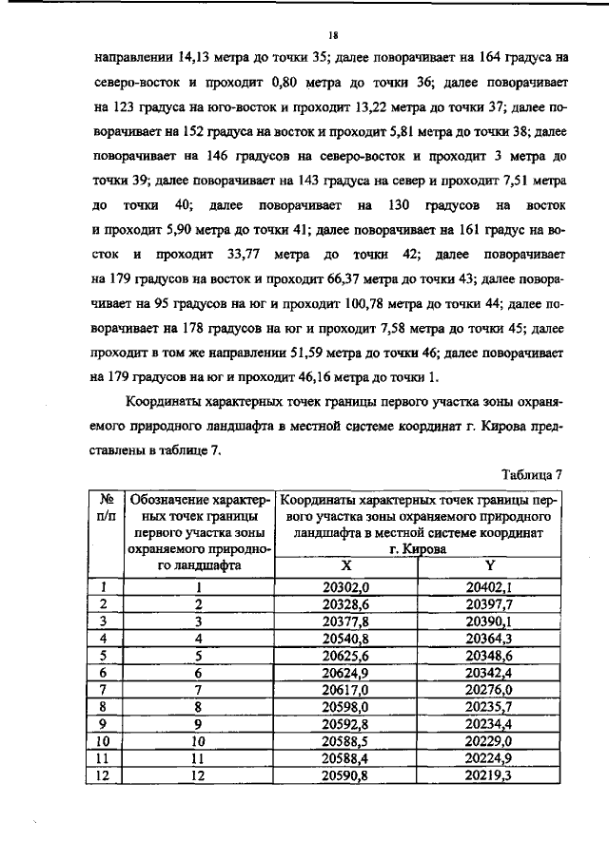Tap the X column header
(346, 564)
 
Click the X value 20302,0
(346, 587)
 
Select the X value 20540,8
(346, 639)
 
